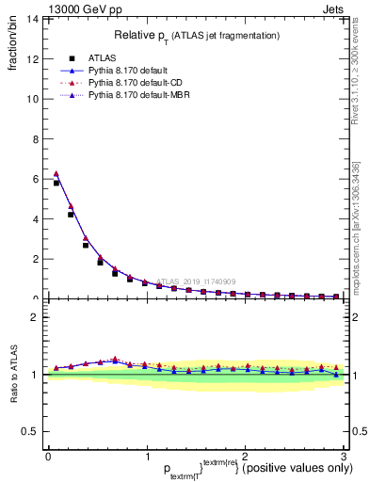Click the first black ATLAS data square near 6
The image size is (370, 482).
click(x=56, y=183)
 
